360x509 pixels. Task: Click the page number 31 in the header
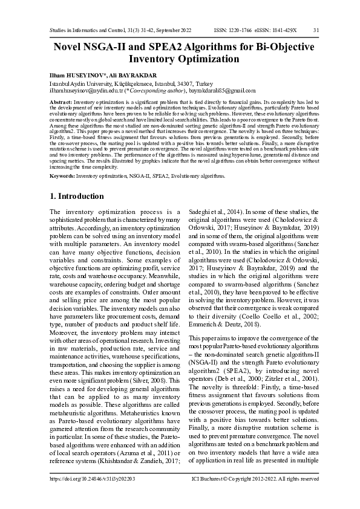(316, 30)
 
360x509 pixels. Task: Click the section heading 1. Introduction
(76, 196)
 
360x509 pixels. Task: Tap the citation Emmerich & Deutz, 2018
(227, 325)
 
